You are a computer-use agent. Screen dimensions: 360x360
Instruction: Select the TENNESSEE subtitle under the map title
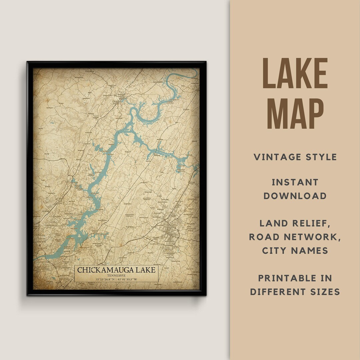[x=116, y=275]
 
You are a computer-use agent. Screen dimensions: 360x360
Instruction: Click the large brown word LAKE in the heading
[x=295, y=74]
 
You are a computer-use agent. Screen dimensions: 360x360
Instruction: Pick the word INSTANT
[x=295, y=182]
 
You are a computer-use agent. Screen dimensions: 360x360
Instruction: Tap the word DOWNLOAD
[x=295, y=196]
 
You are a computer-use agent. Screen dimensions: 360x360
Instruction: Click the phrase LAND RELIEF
[x=295, y=224]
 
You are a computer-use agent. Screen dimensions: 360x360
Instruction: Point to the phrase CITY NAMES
[x=295, y=250]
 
